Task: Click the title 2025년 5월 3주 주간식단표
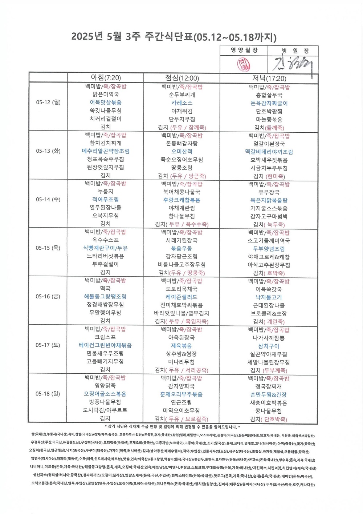pyautogui.click(x=174, y=37)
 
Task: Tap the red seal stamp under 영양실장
pyautogui.click(x=243, y=65)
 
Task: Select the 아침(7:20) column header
pyautogui.click(x=106, y=78)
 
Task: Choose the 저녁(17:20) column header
pyautogui.click(x=269, y=79)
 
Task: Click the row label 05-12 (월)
pyautogui.click(x=48, y=102)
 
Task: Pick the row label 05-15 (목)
pyautogui.click(x=48, y=248)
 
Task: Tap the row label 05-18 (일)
pyautogui.click(x=48, y=394)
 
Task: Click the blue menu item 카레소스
pyautogui.click(x=182, y=103)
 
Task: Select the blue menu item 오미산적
pyautogui.click(x=182, y=152)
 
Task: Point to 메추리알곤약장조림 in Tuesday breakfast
pyautogui.click(x=106, y=151)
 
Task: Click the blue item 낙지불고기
pyautogui.click(x=269, y=297)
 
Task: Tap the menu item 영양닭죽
pyautogui.click(x=105, y=386)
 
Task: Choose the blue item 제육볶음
pyautogui.click(x=181, y=346)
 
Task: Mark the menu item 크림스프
pyautogui.click(x=105, y=337)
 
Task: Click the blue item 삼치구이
pyautogui.click(x=269, y=346)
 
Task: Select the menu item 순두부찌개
pyautogui.click(x=182, y=95)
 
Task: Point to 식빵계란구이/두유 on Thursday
pyautogui.click(x=105, y=248)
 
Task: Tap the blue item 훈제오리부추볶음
pyautogui.click(x=181, y=394)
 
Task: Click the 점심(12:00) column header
pyautogui.click(x=182, y=78)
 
